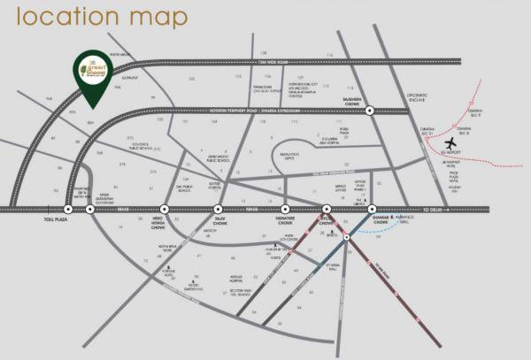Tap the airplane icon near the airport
452,143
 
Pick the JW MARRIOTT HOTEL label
457,182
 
